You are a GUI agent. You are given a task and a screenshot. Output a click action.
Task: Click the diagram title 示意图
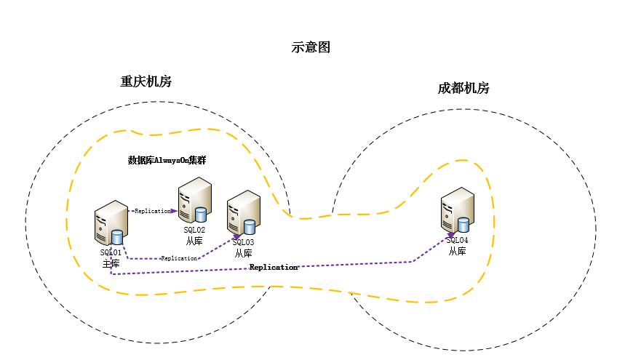(311, 48)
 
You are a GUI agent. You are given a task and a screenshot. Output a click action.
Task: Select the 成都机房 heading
(463, 89)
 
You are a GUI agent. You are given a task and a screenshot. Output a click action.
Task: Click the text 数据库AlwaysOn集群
(167, 161)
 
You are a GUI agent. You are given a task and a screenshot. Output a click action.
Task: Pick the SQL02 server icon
(194, 201)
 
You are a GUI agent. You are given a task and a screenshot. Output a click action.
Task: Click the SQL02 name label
(194, 230)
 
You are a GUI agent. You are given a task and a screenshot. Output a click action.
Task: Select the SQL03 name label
(243, 242)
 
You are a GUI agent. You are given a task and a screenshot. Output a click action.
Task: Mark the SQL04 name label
(457, 240)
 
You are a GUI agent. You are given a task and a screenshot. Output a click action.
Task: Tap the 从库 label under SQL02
(194, 240)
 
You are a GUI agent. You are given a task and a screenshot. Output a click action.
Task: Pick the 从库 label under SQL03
(243, 253)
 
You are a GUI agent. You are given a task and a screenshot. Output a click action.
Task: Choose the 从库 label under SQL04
(457, 251)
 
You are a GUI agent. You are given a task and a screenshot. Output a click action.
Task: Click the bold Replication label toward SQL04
(274, 268)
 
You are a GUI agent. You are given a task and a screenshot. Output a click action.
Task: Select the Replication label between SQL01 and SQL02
(151, 211)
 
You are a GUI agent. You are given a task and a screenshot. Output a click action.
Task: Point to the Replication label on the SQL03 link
(179, 258)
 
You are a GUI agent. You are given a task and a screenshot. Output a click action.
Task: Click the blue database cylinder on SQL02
(200, 214)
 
